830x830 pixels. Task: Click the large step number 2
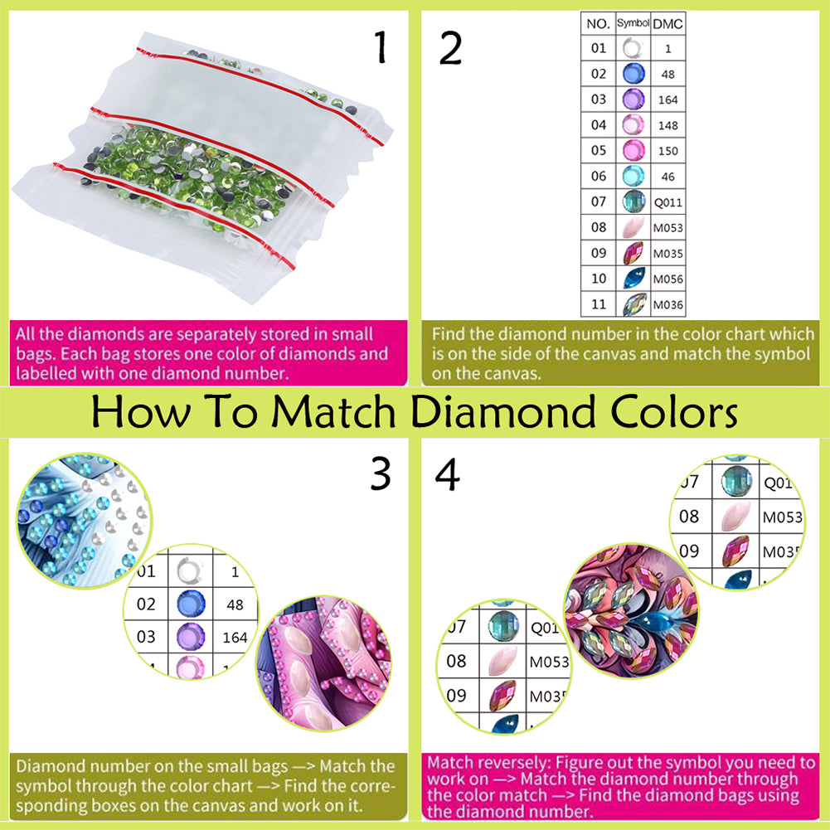click(x=450, y=47)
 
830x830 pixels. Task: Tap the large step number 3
click(x=381, y=473)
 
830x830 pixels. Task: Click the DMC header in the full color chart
click(x=667, y=24)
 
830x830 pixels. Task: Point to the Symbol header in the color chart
click(x=633, y=22)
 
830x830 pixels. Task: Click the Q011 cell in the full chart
click(x=668, y=202)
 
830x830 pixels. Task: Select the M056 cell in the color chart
click(x=668, y=279)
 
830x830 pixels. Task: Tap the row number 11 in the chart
click(x=599, y=304)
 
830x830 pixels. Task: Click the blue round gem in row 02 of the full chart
click(x=633, y=74)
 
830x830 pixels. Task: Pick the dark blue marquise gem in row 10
click(x=634, y=278)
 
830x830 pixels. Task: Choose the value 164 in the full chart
click(x=668, y=100)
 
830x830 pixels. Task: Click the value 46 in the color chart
click(x=668, y=177)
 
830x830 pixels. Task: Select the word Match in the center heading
click(x=334, y=411)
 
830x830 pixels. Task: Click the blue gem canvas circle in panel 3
click(x=84, y=521)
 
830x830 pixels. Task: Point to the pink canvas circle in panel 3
click(x=323, y=663)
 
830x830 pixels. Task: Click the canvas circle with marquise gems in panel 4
click(x=631, y=611)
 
